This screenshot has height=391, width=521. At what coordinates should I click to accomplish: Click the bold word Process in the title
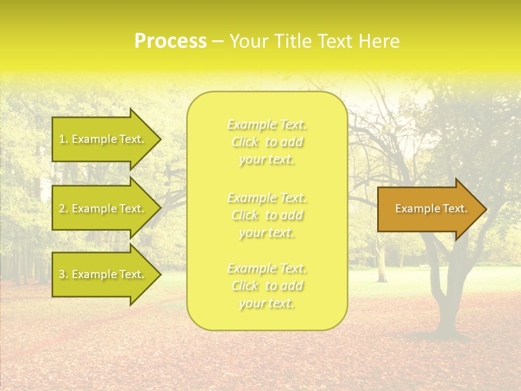pyautogui.click(x=170, y=41)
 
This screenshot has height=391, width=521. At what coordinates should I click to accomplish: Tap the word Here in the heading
pyautogui.click(x=379, y=41)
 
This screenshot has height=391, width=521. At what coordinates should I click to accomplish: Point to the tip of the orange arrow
pyautogui.click(x=484, y=209)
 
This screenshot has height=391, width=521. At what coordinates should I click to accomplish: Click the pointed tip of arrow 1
pyautogui.click(x=159, y=140)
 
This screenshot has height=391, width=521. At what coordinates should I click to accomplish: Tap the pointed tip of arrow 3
pyautogui.click(x=159, y=274)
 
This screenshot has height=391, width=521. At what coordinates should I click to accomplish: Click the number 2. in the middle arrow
pyautogui.click(x=63, y=209)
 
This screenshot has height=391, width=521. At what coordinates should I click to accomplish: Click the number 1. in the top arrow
pyautogui.click(x=63, y=139)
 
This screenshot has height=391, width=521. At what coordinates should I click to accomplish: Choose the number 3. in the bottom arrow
pyautogui.click(x=63, y=274)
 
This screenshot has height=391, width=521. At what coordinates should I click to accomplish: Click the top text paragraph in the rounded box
pyautogui.click(x=267, y=142)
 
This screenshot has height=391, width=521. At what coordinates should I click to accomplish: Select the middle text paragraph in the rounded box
pyautogui.click(x=267, y=215)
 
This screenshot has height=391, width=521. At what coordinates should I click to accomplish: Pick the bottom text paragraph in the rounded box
pyautogui.click(x=267, y=286)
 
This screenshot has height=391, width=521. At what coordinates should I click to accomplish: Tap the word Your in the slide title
pyautogui.click(x=249, y=41)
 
